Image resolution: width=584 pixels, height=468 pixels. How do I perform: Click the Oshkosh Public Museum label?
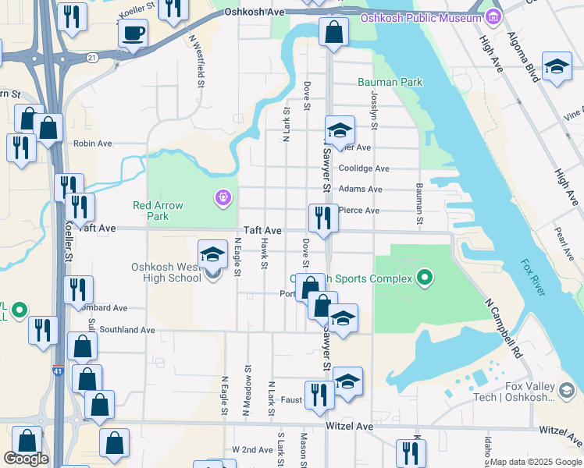click(x=422, y=18)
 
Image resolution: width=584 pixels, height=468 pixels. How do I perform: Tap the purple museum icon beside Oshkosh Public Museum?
click(x=492, y=17)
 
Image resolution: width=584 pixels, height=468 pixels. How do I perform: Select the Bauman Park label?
click(x=390, y=82)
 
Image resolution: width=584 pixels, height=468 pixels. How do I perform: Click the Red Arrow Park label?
click(x=158, y=211)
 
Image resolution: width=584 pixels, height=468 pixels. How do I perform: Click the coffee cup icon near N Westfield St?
click(x=133, y=34)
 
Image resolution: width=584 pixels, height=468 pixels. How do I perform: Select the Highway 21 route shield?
click(x=92, y=57)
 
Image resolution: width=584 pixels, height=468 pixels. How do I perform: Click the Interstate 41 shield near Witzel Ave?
click(x=59, y=373)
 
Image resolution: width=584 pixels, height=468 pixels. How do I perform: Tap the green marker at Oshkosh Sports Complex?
click(x=425, y=277)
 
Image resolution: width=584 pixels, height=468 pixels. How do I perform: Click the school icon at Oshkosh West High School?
click(x=212, y=253)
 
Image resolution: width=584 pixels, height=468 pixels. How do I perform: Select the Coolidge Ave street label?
click(x=364, y=168)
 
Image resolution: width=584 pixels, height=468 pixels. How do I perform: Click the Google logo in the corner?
click(x=26, y=459)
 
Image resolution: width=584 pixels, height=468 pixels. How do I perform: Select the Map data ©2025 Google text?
click(x=536, y=462)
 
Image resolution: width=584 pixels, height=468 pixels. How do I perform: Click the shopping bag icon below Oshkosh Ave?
click(x=333, y=34)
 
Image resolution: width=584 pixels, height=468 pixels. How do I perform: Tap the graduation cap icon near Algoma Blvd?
click(x=557, y=68)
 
